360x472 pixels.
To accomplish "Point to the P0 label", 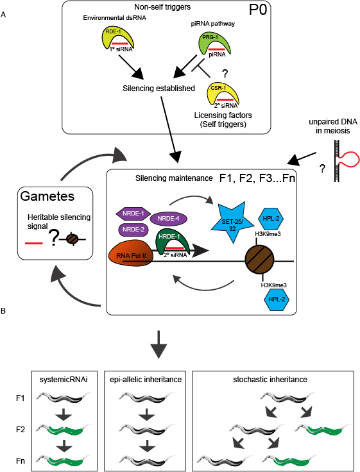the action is pyautogui.click(x=258, y=10).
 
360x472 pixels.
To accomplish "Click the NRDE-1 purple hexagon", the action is pyautogui.click(x=133, y=214).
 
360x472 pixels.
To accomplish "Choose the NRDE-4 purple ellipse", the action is pyautogui.click(x=168, y=219).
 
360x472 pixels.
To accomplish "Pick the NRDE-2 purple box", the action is pyautogui.click(x=133, y=230).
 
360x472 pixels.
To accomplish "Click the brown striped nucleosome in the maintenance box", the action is pyautogui.click(x=259, y=260).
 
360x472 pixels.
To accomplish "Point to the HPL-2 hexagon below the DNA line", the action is pyautogui.click(x=277, y=299).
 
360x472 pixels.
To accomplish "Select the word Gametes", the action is pyautogui.click(x=47, y=196).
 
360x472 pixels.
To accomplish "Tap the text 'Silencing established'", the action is pyautogui.click(x=159, y=88).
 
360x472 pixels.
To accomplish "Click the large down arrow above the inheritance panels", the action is pyautogui.click(x=158, y=344).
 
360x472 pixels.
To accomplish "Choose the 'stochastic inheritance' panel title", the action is pyautogui.click(x=270, y=379).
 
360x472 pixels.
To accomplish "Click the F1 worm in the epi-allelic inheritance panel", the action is pyautogui.click(x=147, y=397).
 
